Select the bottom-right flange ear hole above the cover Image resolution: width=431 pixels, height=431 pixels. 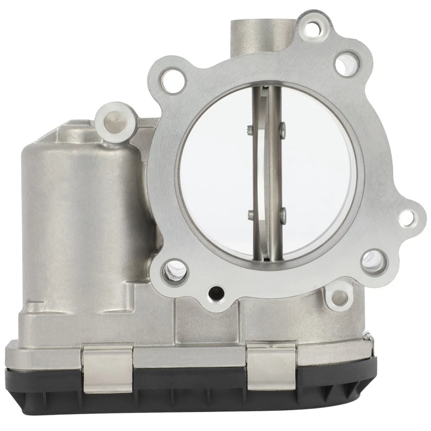click(339, 297)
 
